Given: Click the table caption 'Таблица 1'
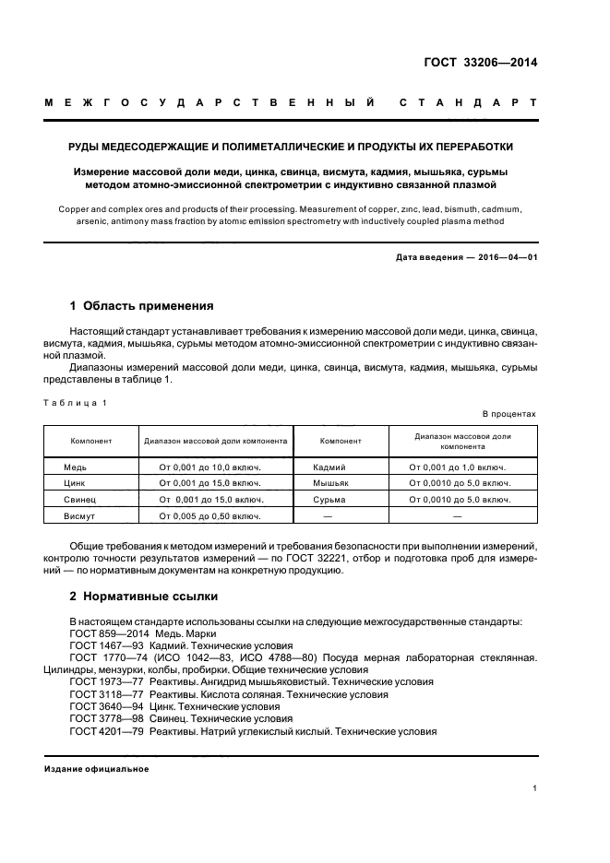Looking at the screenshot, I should pyautogui.click(x=78, y=402).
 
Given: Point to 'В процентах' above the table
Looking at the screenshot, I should pyautogui.click(x=508, y=414).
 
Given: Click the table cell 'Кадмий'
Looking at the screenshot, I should pyautogui.click(x=329, y=467).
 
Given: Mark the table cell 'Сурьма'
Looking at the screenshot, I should pyautogui.click(x=329, y=500).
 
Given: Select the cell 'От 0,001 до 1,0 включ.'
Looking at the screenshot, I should pyautogui.click(x=457, y=467).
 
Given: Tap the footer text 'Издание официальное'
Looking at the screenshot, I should pyautogui.click(x=97, y=769).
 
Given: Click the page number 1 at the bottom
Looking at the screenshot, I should pyautogui.click(x=534, y=788).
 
